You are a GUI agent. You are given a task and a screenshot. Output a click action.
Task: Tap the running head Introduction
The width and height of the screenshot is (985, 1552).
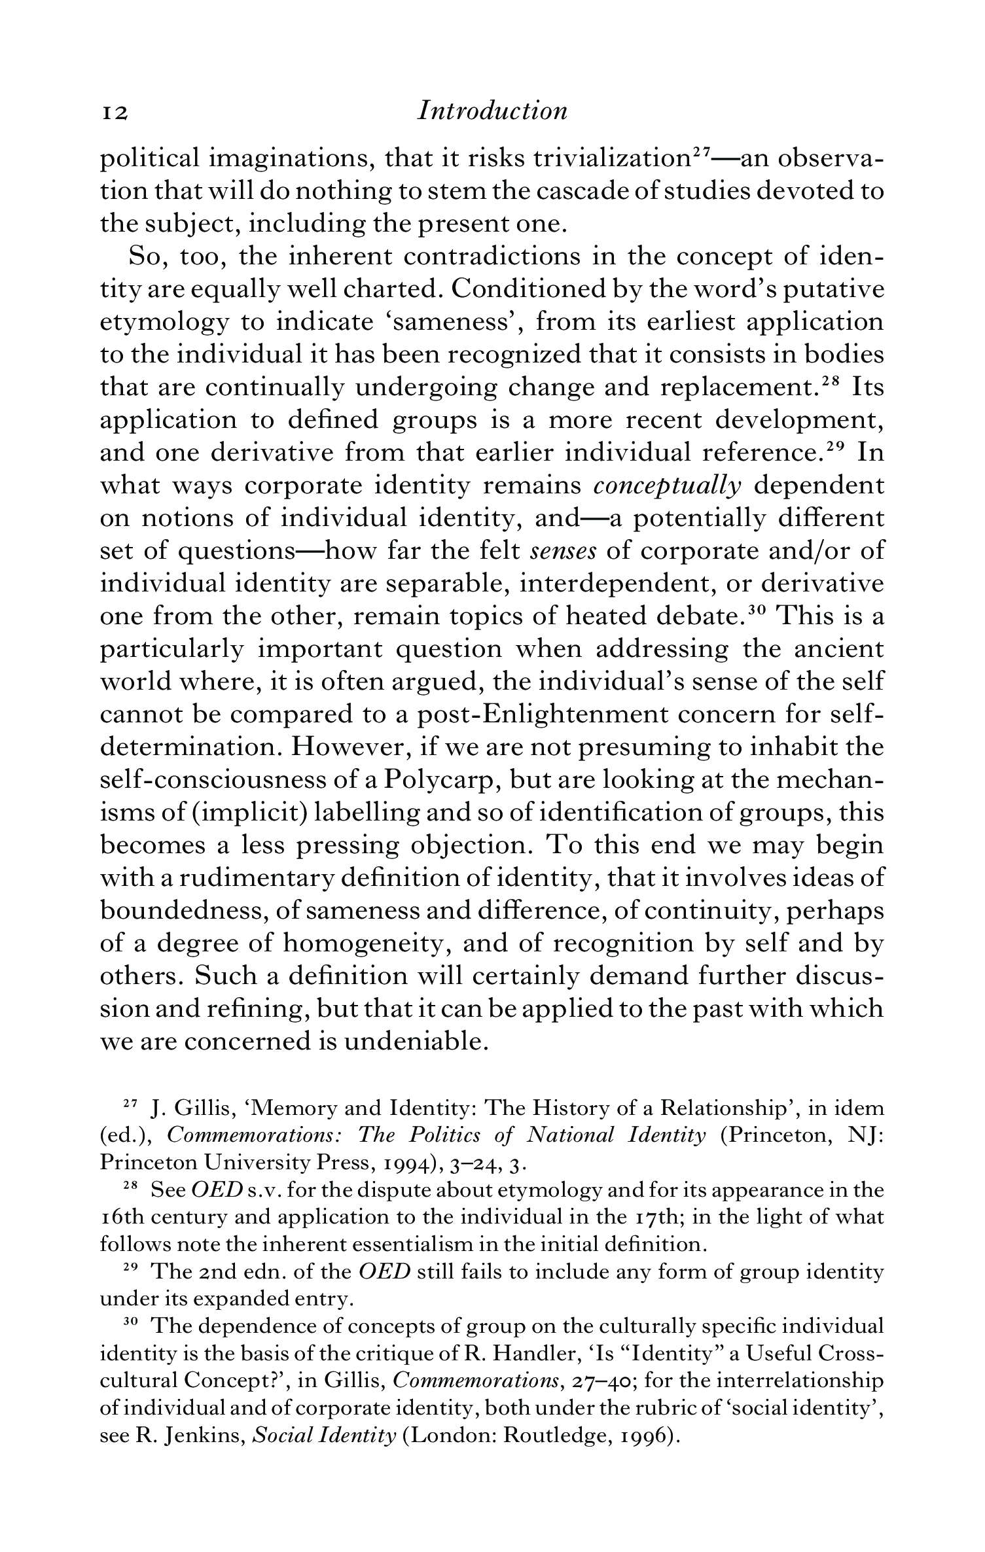click(492, 111)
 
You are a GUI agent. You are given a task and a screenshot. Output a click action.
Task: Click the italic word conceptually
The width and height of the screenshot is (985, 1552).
click(667, 486)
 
